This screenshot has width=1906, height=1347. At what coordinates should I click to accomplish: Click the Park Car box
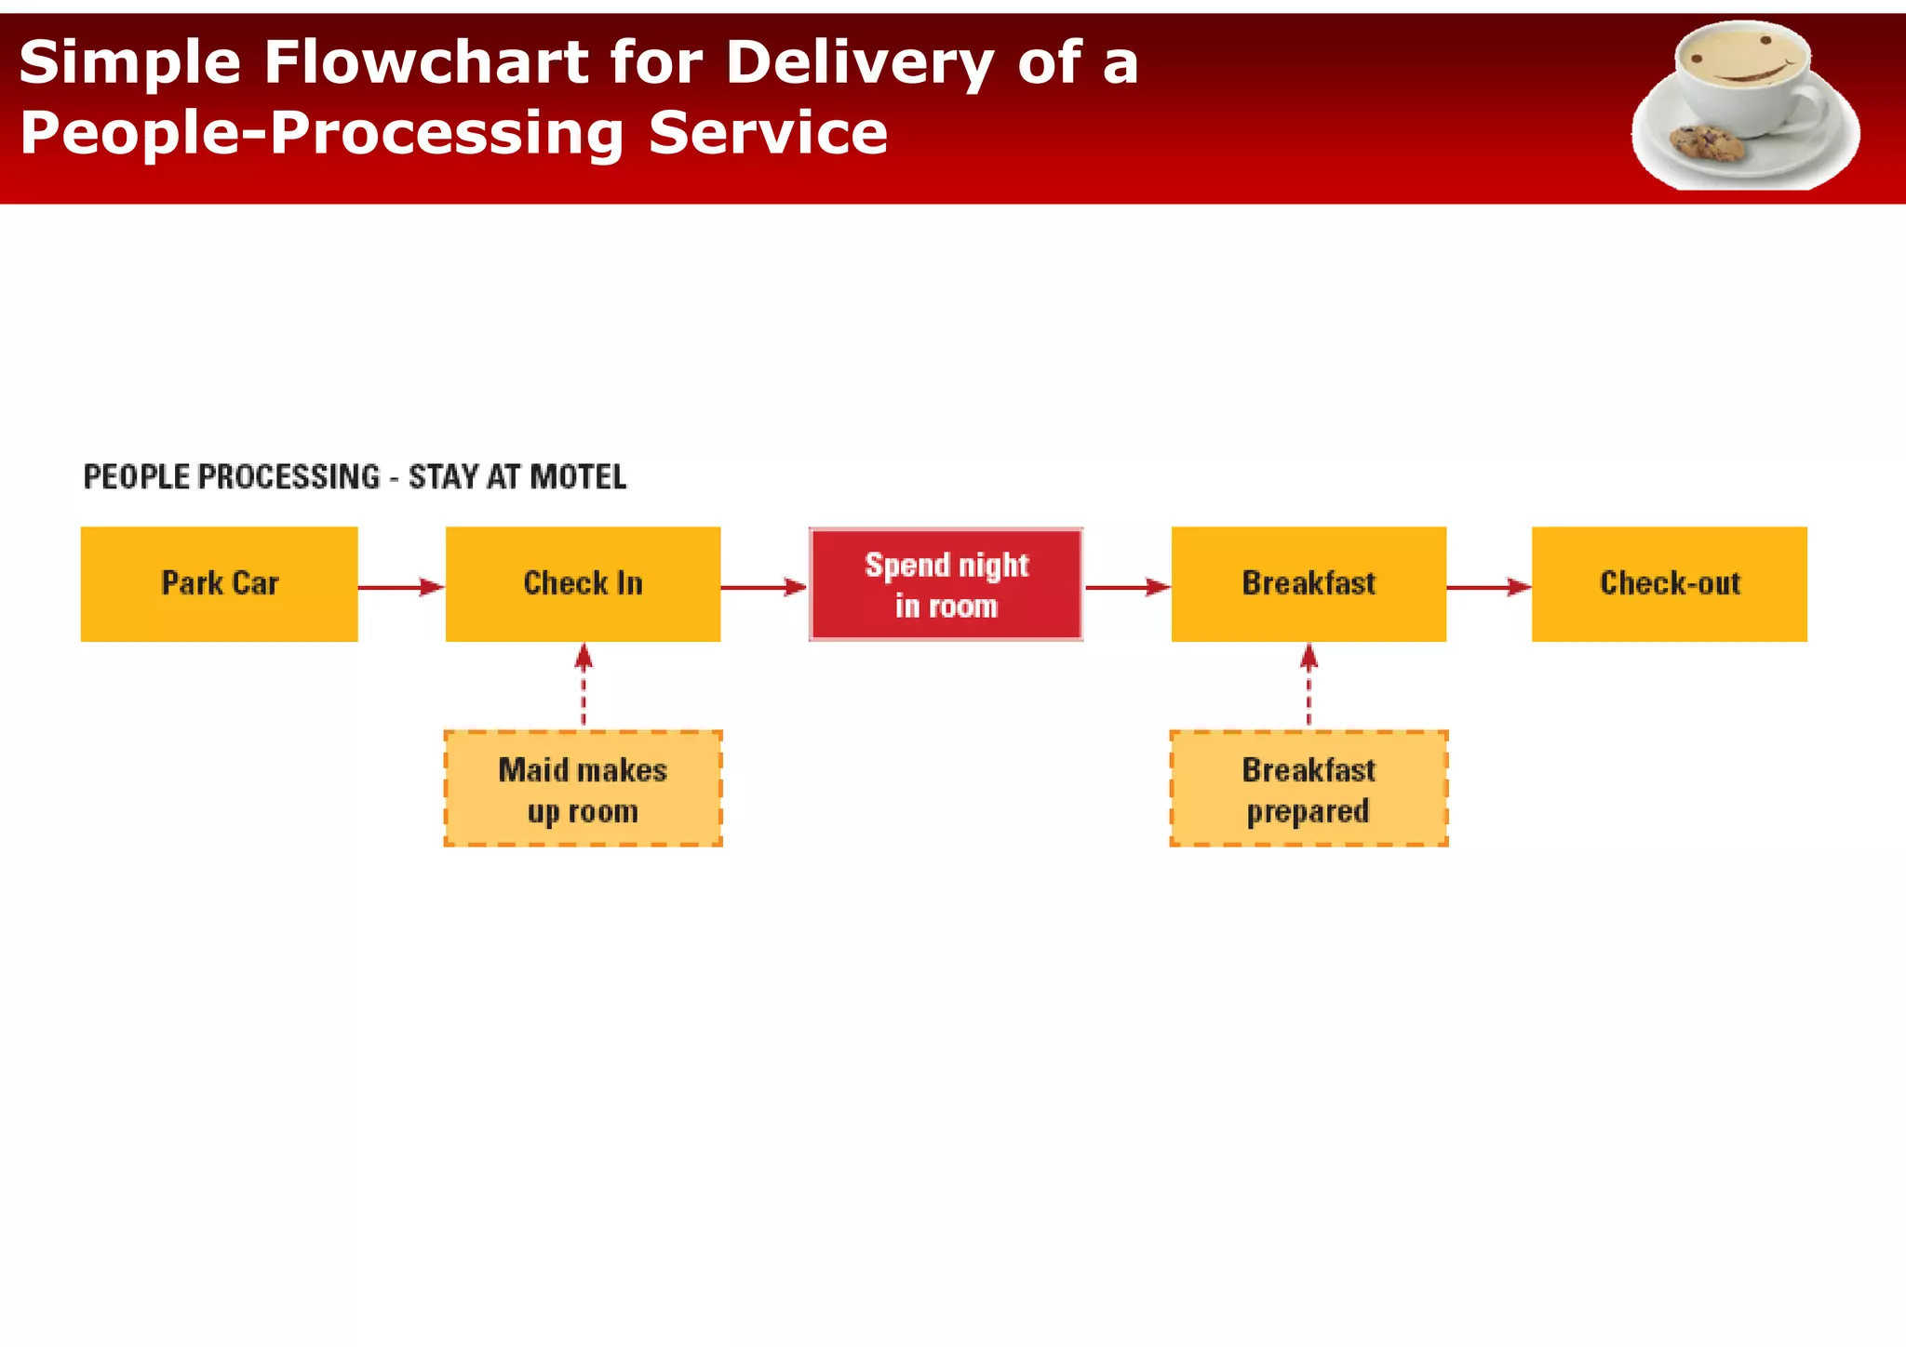coord(219,584)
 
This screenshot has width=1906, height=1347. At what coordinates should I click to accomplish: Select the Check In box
coord(583,584)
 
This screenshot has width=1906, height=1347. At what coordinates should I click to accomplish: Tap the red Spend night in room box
coord(946,585)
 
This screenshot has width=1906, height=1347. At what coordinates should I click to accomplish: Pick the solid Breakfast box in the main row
coord(1309,584)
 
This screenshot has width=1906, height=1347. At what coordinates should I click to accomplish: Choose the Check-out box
coord(1670,584)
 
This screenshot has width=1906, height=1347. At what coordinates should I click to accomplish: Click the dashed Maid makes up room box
coord(583,789)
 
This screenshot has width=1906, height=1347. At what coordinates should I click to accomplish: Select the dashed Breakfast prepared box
coord(1309,789)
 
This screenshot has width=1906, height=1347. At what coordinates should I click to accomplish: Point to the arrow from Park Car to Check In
coord(400,587)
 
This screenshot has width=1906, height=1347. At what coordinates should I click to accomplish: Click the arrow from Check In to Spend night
coord(763,587)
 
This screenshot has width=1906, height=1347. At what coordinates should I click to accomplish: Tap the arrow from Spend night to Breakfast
coord(1127,587)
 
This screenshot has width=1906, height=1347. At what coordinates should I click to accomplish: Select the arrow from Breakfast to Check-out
coord(1488,587)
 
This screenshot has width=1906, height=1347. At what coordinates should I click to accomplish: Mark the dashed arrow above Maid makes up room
coord(584,686)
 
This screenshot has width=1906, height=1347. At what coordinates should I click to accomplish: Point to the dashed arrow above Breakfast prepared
coord(1309,686)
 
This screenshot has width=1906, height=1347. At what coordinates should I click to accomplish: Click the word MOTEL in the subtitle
coord(578,477)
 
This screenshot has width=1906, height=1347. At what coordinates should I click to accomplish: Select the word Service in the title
coord(768,133)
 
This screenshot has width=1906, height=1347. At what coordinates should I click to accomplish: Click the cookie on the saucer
coord(1707,142)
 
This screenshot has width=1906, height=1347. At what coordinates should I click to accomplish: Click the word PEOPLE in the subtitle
coord(137,477)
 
